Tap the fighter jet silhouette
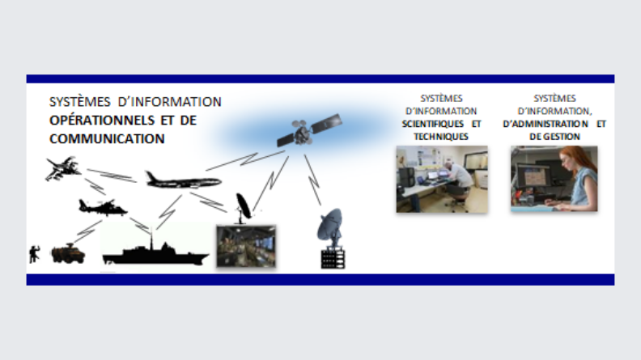tap(62, 168)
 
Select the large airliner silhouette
tap(184, 181)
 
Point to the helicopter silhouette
tap(102, 208)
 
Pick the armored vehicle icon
tap(68, 253)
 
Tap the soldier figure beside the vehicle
tap(34, 254)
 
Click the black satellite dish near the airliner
tap(244, 208)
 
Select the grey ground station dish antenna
tap(330, 227)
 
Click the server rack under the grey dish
tap(333, 259)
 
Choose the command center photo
tap(246, 246)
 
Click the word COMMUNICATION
tap(107, 139)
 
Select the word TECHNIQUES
tap(440, 137)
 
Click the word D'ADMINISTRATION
tap(545, 124)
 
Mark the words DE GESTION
tap(554, 137)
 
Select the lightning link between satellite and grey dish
tap(312, 180)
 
